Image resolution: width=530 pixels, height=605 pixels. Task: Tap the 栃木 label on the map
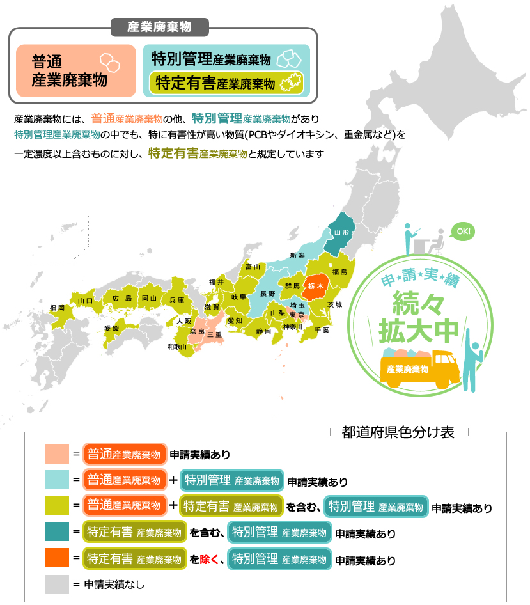click(x=316, y=285)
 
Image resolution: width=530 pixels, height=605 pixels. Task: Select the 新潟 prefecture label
click(x=298, y=255)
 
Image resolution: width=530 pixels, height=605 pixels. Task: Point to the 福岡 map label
click(x=57, y=308)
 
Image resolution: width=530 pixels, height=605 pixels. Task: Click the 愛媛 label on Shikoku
click(x=112, y=328)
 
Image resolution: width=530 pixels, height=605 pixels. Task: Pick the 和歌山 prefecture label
click(x=177, y=347)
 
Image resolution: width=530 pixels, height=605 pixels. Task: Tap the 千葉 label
click(x=322, y=331)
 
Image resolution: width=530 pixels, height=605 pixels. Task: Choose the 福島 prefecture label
click(x=339, y=272)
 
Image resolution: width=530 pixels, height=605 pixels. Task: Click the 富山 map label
click(x=253, y=267)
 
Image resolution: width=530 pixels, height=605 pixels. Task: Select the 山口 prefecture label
click(x=85, y=300)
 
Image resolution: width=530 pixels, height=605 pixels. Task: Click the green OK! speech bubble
click(x=463, y=232)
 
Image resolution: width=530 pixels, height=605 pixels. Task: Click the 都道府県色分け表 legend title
click(x=398, y=432)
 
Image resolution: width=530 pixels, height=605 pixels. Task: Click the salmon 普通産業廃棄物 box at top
click(x=76, y=70)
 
